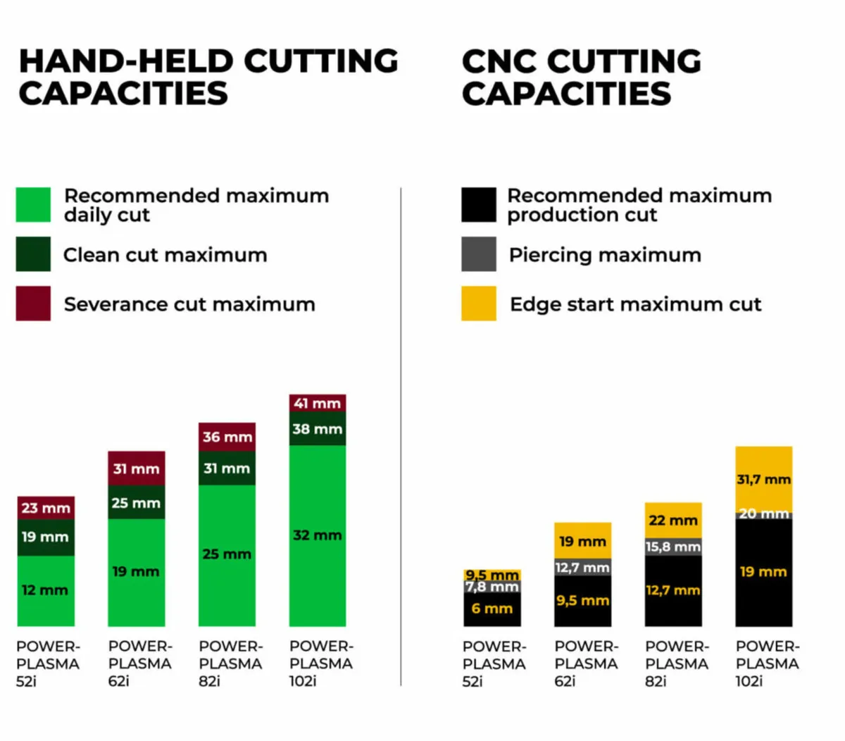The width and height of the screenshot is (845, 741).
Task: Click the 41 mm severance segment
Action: coord(318,403)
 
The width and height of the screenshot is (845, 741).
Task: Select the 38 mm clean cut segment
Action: coord(318,429)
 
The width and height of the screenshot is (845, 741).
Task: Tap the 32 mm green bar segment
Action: coord(318,535)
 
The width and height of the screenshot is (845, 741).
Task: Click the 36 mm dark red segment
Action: coord(227,437)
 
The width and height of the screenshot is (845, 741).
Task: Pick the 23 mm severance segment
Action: coord(46,508)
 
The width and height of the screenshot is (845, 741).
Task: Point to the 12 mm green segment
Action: coord(46,590)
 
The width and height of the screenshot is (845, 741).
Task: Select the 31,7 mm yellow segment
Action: coord(763,479)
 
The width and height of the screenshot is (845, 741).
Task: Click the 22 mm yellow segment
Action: coord(673,521)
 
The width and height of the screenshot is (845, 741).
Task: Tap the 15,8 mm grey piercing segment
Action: coord(673,547)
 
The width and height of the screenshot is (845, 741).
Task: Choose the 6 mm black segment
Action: coord(492,609)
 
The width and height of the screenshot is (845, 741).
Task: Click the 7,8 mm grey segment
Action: coord(492,587)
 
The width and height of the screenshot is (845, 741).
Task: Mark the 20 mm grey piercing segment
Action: coord(763,515)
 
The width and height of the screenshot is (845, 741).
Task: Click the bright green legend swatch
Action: coord(33,204)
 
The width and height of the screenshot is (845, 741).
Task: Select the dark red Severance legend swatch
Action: coord(33,304)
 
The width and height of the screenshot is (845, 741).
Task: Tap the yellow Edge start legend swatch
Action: coord(479,304)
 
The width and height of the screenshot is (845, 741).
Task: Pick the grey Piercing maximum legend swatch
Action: coord(479,254)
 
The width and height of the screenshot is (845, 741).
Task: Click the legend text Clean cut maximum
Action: coord(165,255)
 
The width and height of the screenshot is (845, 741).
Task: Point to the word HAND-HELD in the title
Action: coord(127,61)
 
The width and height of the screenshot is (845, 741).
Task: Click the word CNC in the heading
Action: coord(499,61)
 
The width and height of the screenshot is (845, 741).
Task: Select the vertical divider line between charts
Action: coord(401,437)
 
